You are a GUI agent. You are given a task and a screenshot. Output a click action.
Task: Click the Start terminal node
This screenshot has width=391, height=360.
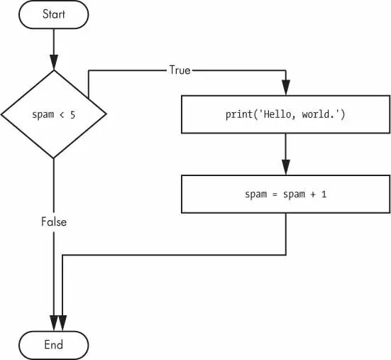pyautogui.click(x=54, y=14)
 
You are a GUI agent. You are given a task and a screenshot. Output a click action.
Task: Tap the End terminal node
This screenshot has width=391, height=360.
pyautogui.click(x=54, y=345)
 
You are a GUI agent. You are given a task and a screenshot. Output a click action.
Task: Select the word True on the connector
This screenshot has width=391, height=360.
pyautogui.click(x=180, y=70)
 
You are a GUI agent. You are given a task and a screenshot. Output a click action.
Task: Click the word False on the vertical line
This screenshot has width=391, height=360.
pyautogui.click(x=54, y=222)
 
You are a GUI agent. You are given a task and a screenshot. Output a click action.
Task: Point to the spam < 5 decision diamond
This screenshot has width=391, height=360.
pyautogui.click(x=54, y=114)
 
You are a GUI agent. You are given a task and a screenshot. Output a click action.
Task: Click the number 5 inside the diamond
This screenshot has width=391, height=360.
pyautogui.click(x=72, y=115)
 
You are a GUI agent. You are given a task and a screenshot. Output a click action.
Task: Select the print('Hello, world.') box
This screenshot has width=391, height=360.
pyautogui.click(x=285, y=114)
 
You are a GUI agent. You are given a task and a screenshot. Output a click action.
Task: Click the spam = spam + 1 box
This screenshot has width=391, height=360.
pyautogui.click(x=285, y=194)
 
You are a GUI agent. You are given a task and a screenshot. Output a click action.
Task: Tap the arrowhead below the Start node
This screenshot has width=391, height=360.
pyautogui.click(x=54, y=62)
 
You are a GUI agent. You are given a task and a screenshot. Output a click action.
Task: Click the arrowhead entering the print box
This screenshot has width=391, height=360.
pyautogui.click(x=286, y=87)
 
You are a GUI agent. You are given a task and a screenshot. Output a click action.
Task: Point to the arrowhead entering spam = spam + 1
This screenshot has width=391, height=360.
pyautogui.click(x=286, y=168)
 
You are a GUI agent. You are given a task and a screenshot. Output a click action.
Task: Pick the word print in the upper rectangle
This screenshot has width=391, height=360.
pyautogui.click(x=239, y=115)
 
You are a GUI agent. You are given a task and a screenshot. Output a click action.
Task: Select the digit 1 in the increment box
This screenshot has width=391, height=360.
pyautogui.click(x=324, y=194)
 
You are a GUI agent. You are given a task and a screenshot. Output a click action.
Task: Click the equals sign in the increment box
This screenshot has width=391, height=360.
pyautogui.click(x=275, y=195)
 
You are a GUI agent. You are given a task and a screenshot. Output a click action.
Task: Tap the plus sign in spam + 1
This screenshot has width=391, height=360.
pyautogui.click(x=313, y=195)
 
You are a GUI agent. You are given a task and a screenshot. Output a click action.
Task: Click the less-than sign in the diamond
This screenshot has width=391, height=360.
pyautogui.click(x=62, y=115)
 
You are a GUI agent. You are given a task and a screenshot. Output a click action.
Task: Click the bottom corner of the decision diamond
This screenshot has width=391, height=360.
pyautogui.click(x=54, y=158)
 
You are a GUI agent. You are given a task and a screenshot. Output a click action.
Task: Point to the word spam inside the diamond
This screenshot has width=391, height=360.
pyautogui.click(x=43, y=115)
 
